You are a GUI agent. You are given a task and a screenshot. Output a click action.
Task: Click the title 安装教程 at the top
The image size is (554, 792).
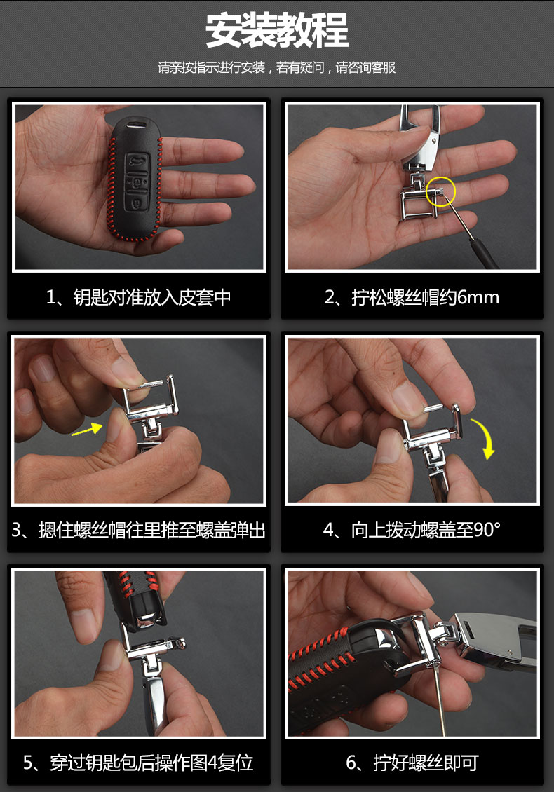tap(276, 30)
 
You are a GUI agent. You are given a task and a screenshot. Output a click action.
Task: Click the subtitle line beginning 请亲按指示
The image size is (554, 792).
tap(276, 67)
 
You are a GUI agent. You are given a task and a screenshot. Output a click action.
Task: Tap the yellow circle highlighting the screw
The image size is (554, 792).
tap(441, 191)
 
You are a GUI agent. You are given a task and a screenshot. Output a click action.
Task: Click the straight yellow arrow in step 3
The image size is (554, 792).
tap(86, 430)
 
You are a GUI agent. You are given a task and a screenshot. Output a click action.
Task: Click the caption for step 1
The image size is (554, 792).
tap(139, 297)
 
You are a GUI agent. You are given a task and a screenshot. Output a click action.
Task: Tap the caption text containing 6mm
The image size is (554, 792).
tap(412, 297)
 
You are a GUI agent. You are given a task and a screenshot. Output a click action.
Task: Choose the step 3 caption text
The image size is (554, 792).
tap(139, 530)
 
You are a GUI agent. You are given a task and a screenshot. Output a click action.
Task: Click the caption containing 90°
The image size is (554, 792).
tap(412, 530)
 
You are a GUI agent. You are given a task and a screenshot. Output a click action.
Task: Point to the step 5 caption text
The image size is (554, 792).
tap(139, 763)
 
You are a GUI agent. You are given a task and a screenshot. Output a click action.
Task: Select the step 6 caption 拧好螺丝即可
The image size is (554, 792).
tap(412, 763)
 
